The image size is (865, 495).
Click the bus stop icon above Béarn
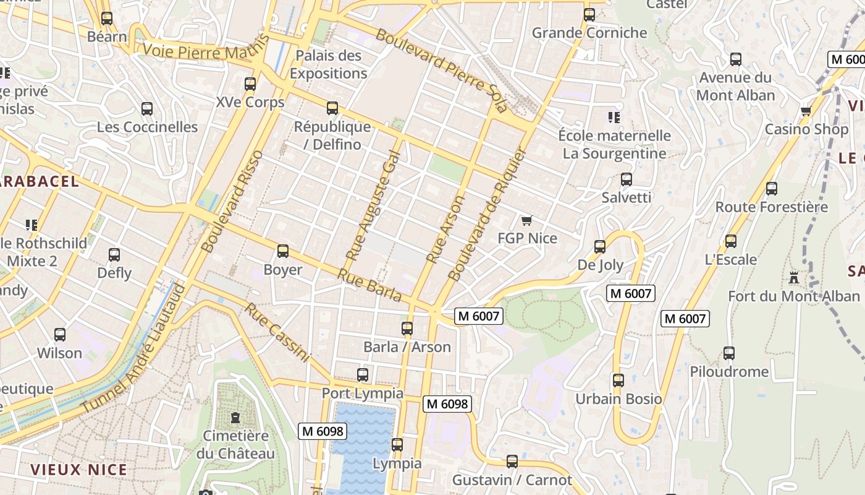point(107,19)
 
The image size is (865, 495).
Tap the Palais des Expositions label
point(328,64)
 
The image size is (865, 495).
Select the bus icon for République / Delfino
point(332,109)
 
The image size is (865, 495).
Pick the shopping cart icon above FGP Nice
point(527,220)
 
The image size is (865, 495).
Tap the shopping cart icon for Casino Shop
point(806,111)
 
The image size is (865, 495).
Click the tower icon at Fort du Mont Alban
point(794,278)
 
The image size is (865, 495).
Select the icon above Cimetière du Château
point(235,418)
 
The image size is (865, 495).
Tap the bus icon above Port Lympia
point(363,375)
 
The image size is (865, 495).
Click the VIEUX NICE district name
point(79,470)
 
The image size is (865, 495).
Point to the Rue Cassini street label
point(277,332)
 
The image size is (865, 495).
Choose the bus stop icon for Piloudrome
point(729,353)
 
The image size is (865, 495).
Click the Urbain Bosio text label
point(618,399)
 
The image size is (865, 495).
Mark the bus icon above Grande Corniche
point(589,15)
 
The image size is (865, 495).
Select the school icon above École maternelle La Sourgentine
point(614,117)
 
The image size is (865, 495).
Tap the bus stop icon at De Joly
point(600,247)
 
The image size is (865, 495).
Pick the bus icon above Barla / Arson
point(407,329)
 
